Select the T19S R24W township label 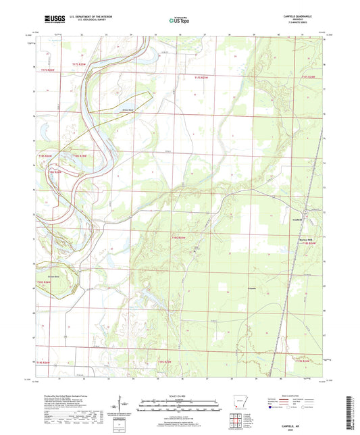click(x=303, y=362)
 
